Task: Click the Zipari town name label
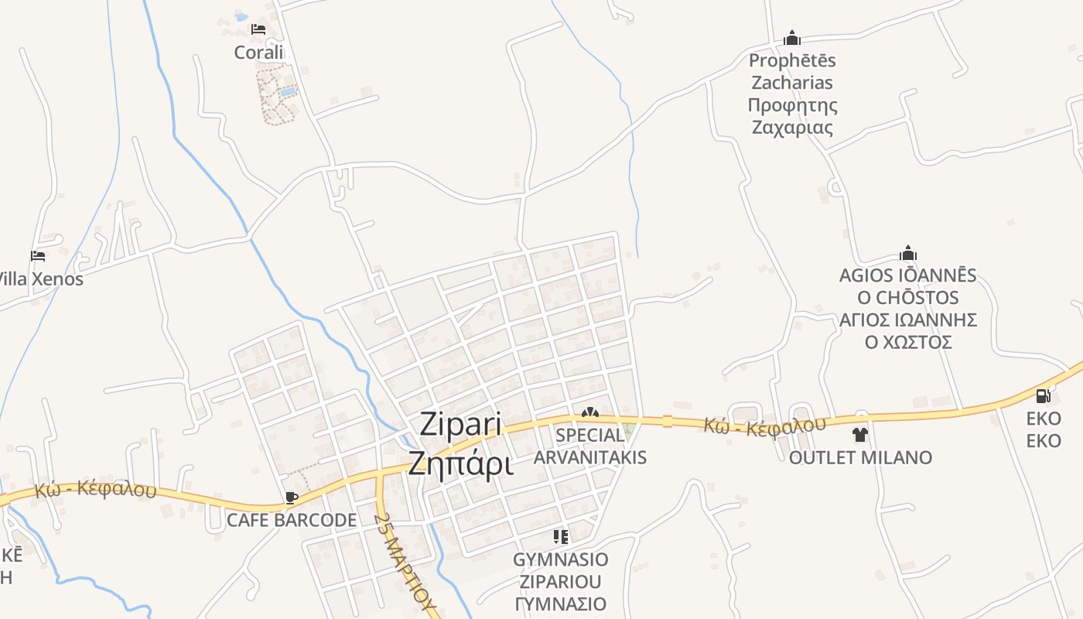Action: point(460,444)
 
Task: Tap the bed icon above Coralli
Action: point(258,29)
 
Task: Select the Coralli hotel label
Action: point(260,52)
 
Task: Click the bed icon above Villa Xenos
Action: point(38,255)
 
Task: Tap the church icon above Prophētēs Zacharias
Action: point(791,38)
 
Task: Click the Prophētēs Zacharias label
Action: point(792,94)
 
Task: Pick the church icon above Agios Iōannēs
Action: point(908,253)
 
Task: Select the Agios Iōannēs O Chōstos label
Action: point(908,309)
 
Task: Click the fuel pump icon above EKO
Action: point(1043,396)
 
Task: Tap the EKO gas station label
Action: point(1044,429)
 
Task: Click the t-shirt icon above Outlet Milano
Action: point(860,435)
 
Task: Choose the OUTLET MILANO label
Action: point(860,457)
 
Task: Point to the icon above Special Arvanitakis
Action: point(590,413)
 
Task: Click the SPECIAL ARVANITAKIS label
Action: point(590,446)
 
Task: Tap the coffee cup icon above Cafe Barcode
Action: point(292,498)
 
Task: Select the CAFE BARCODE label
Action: point(292,520)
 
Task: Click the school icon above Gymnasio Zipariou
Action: point(561,536)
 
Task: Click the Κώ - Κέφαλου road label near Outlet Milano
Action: point(764,425)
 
